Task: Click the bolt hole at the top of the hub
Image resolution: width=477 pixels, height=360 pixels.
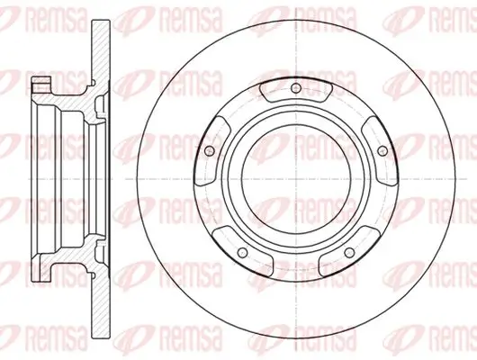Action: coord(295,87)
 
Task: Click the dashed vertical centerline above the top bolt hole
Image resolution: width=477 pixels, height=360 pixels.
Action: coord(295,54)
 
